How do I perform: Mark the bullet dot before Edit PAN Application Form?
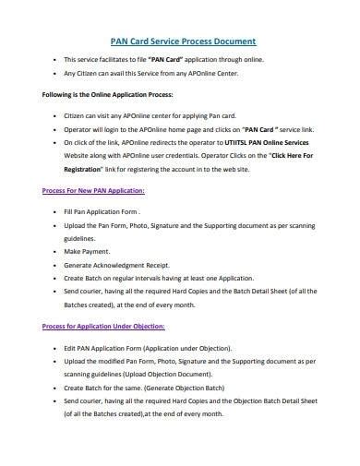(x=56, y=373)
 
